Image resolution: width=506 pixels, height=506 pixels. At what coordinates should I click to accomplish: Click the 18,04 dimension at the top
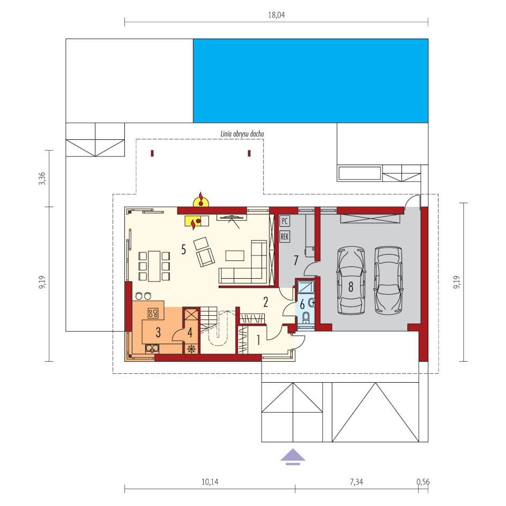coord(277,15)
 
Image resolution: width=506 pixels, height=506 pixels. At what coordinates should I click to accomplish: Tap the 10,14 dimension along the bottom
coord(210,482)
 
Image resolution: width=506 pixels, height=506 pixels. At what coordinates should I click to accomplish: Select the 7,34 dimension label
coord(356,482)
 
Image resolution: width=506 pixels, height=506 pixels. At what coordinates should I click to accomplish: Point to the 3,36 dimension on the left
coord(42,178)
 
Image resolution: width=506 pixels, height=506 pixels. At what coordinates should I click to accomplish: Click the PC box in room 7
coord(284,221)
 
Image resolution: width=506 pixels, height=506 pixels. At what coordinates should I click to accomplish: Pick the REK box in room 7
coord(284,236)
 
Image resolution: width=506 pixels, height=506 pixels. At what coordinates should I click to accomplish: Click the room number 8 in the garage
coord(351,287)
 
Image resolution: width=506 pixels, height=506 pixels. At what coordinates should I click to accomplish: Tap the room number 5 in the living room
coord(184,249)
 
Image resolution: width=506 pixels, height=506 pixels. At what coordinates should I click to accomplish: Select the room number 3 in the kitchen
coord(158,332)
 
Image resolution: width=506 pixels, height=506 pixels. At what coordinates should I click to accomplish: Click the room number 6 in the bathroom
coord(302,304)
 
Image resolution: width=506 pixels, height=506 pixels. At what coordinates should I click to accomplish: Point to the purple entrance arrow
coord(293,456)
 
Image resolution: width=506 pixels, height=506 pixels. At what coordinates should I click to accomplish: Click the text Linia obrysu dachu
coord(242,133)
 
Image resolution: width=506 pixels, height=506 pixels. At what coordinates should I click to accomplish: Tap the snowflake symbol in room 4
coord(191,348)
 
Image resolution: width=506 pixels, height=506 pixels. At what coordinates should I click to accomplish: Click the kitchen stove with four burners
coord(153,312)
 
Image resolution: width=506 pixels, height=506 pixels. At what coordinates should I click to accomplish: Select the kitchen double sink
coord(152,348)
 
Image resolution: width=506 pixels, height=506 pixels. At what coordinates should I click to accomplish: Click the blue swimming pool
coord(311,81)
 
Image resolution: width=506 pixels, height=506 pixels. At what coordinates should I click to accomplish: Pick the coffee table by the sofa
coord(235,256)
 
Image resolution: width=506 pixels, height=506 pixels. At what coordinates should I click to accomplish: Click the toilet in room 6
coord(306,317)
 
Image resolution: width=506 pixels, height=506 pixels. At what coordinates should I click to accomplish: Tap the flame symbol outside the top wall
coord(200,200)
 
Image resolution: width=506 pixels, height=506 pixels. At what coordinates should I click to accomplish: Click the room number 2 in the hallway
coord(265,302)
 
